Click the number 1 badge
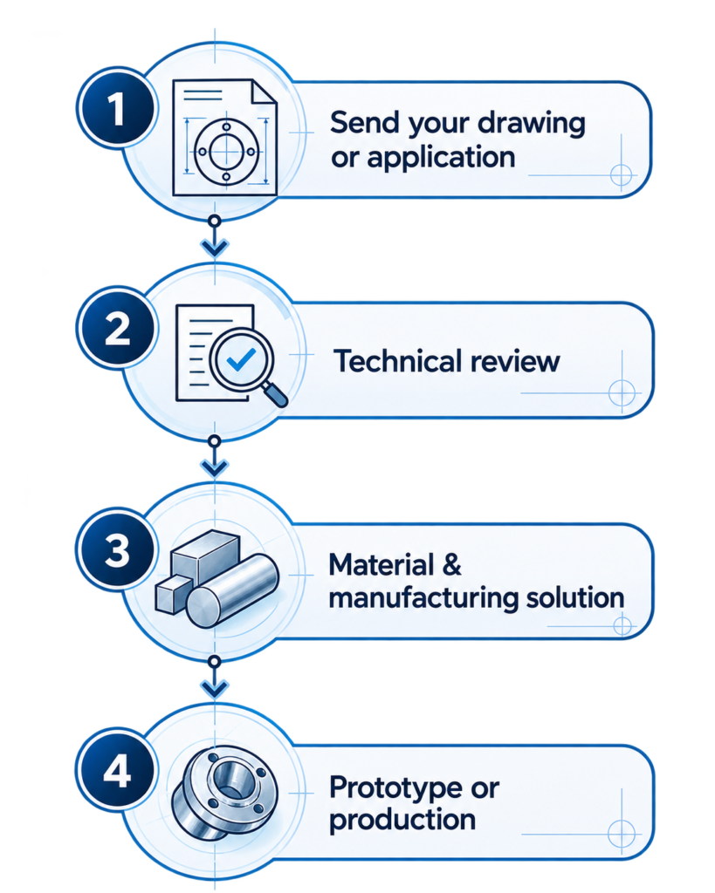pos(117,108)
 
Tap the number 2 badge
pos(117,328)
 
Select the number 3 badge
pos(117,549)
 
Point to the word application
pos(441,159)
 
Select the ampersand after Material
pos(451,564)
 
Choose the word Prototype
pos(396,788)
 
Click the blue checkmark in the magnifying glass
pos(241,359)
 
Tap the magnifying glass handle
pos(274,394)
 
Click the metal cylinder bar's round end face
pos(206,607)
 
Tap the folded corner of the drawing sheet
pos(264,93)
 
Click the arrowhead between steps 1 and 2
pos(215,248)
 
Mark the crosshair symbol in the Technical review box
pos(622,393)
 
